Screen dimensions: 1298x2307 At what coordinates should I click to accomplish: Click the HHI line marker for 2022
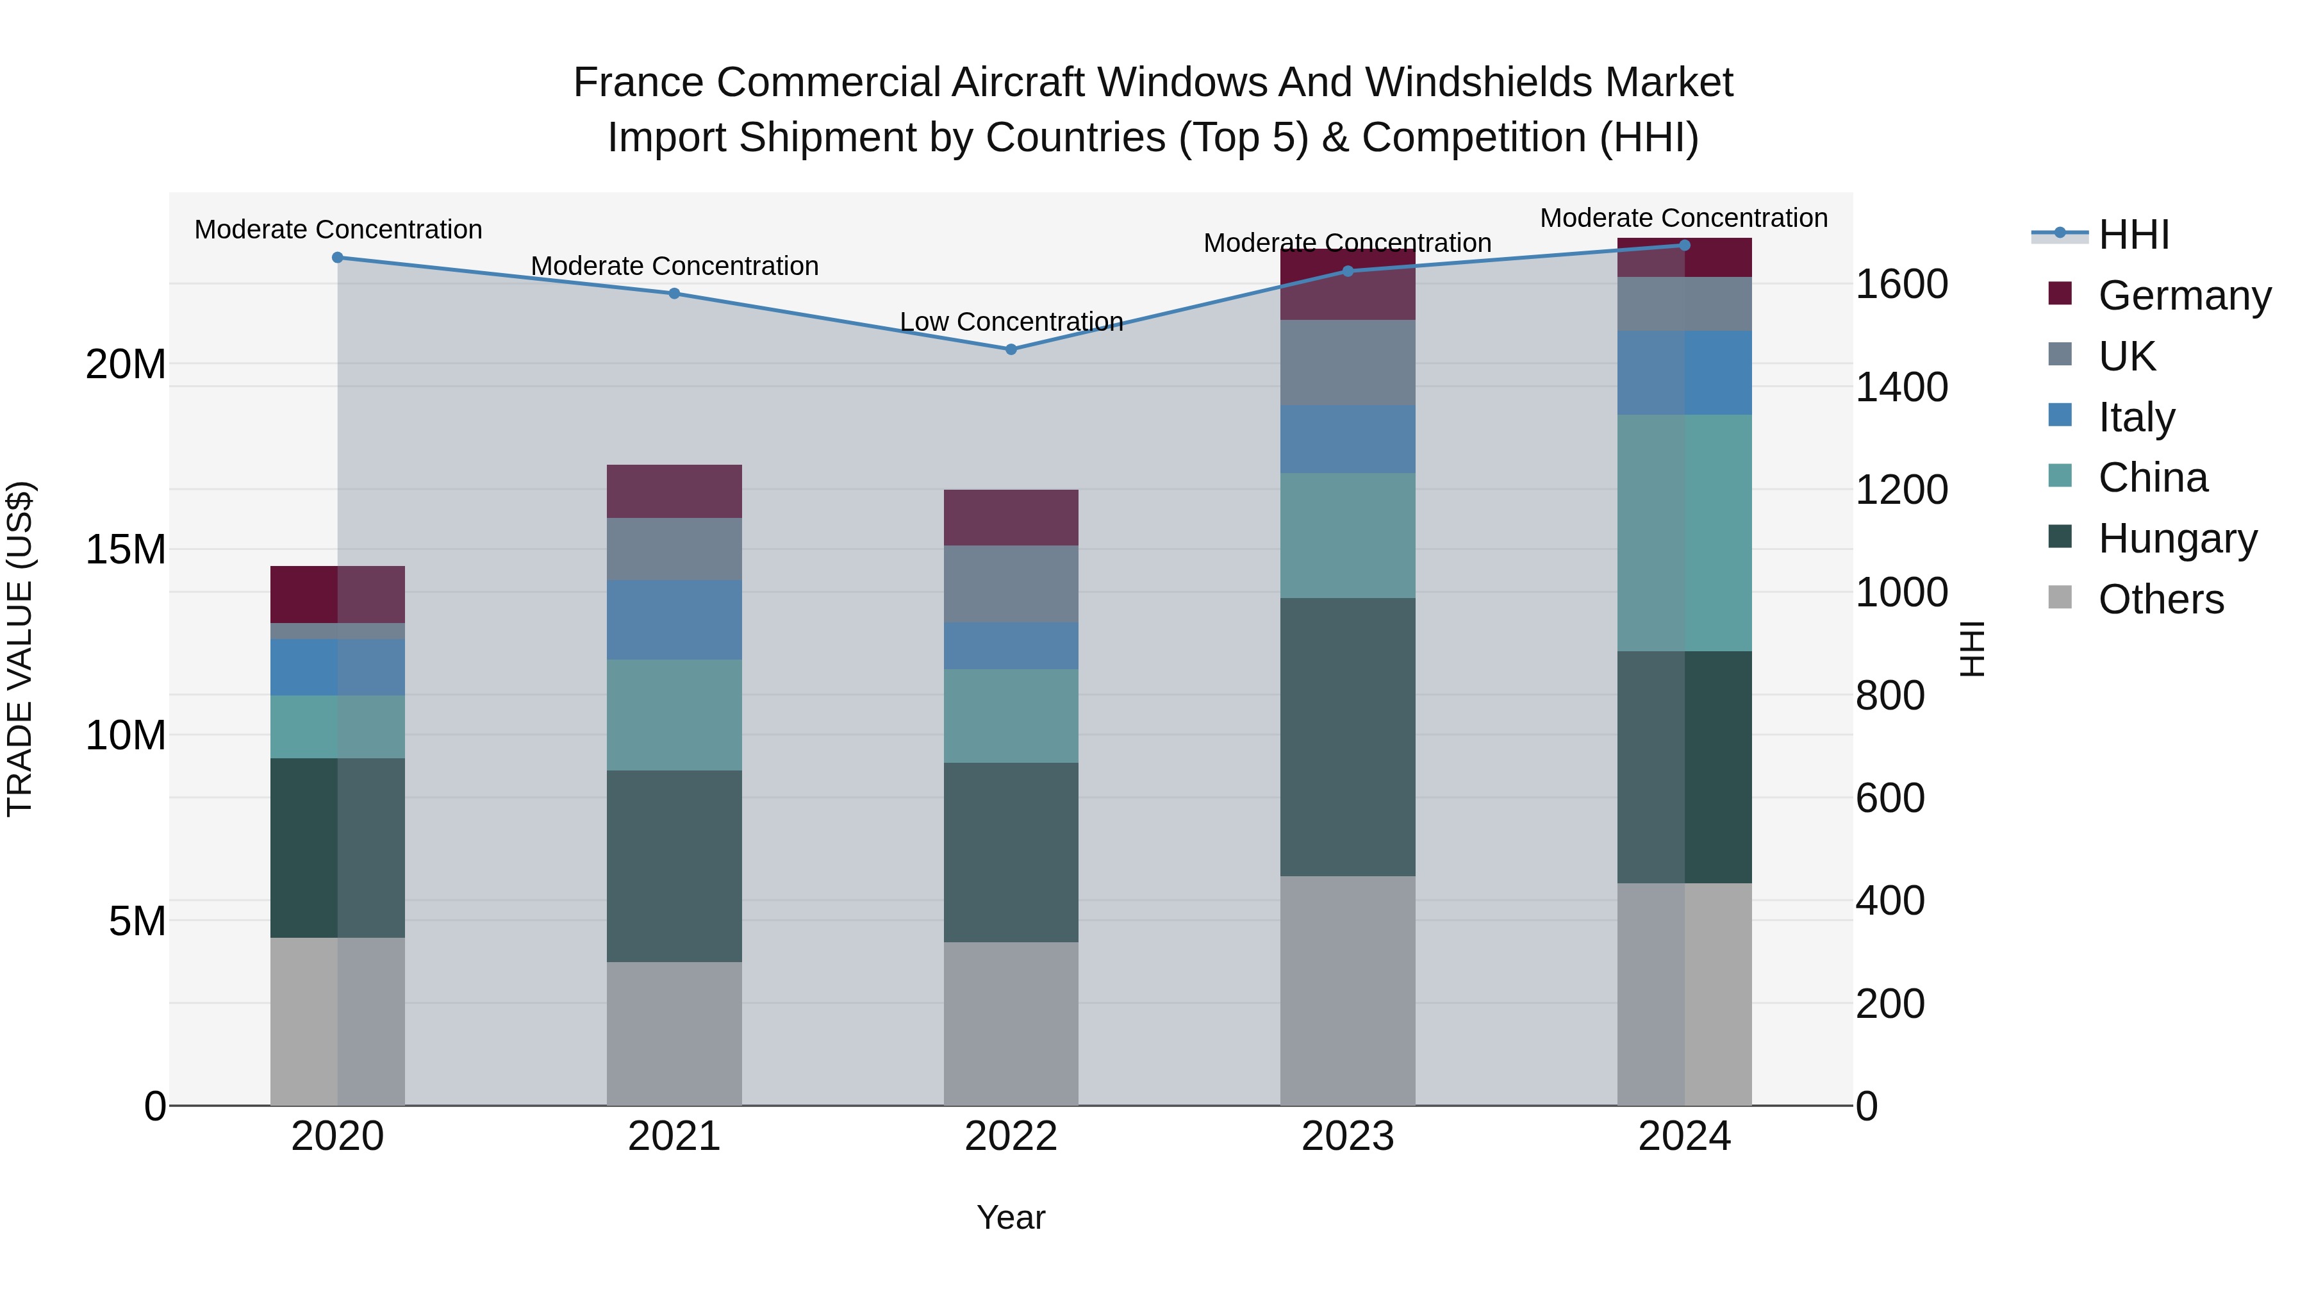click(x=1011, y=349)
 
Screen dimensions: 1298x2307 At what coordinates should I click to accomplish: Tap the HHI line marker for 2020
click(x=338, y=257)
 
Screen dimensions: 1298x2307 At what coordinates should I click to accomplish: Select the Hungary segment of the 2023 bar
click(x=1348, y=736)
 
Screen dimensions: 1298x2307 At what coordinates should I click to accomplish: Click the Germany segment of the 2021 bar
click(x=674, y=491)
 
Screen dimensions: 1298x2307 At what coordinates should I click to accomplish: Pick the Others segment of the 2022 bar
click(x=1011, y=1023)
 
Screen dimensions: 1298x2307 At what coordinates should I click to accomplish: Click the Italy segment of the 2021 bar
click(x=674, y=619)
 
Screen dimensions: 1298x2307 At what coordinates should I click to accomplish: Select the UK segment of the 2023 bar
click(x=1348, y=362)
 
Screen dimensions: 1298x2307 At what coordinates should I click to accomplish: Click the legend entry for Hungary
click(x=2177, y=538)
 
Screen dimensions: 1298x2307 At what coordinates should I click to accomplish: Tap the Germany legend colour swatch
click(x=2060, y=294)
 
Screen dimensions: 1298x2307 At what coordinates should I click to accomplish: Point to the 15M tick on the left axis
click(x=126, y=549)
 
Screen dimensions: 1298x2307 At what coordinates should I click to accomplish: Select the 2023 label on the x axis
click(x=1348, y=1136)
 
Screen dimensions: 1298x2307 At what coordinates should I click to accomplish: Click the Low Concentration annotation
click(x=1011, y=322)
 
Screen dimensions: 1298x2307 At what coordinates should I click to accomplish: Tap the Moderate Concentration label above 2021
click(x=674, y=266)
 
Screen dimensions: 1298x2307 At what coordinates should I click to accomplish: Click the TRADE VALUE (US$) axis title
click(x=20, y=649)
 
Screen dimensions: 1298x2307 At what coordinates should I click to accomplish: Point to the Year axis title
click(x=1011, y=1217)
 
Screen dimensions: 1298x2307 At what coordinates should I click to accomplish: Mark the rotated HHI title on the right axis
click(x=1973, y=649)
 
